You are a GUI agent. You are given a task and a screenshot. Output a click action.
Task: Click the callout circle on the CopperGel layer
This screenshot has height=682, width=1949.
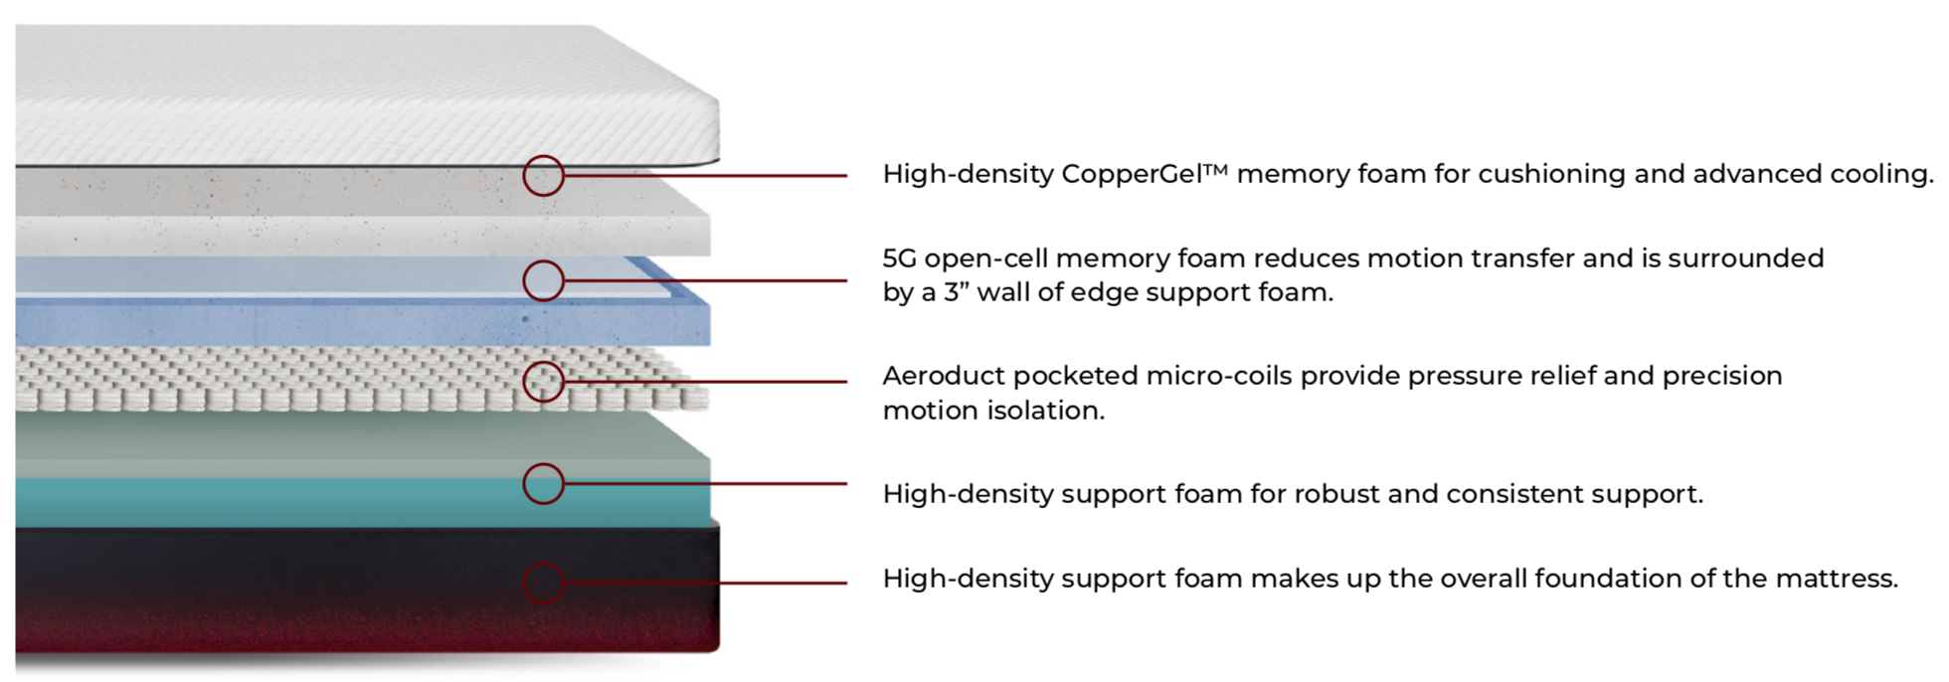point(544,176)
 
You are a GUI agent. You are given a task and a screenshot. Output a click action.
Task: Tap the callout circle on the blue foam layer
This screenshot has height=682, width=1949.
point(544,281)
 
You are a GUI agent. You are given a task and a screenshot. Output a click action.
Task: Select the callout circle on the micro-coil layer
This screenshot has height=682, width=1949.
point(544,382)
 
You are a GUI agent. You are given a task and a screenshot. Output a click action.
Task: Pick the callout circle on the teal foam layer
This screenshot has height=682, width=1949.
point(544,484)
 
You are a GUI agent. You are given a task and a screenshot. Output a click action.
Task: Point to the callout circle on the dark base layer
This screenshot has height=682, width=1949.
point(544,583)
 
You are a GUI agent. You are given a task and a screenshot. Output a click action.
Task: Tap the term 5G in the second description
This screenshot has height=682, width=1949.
point(899,258)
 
